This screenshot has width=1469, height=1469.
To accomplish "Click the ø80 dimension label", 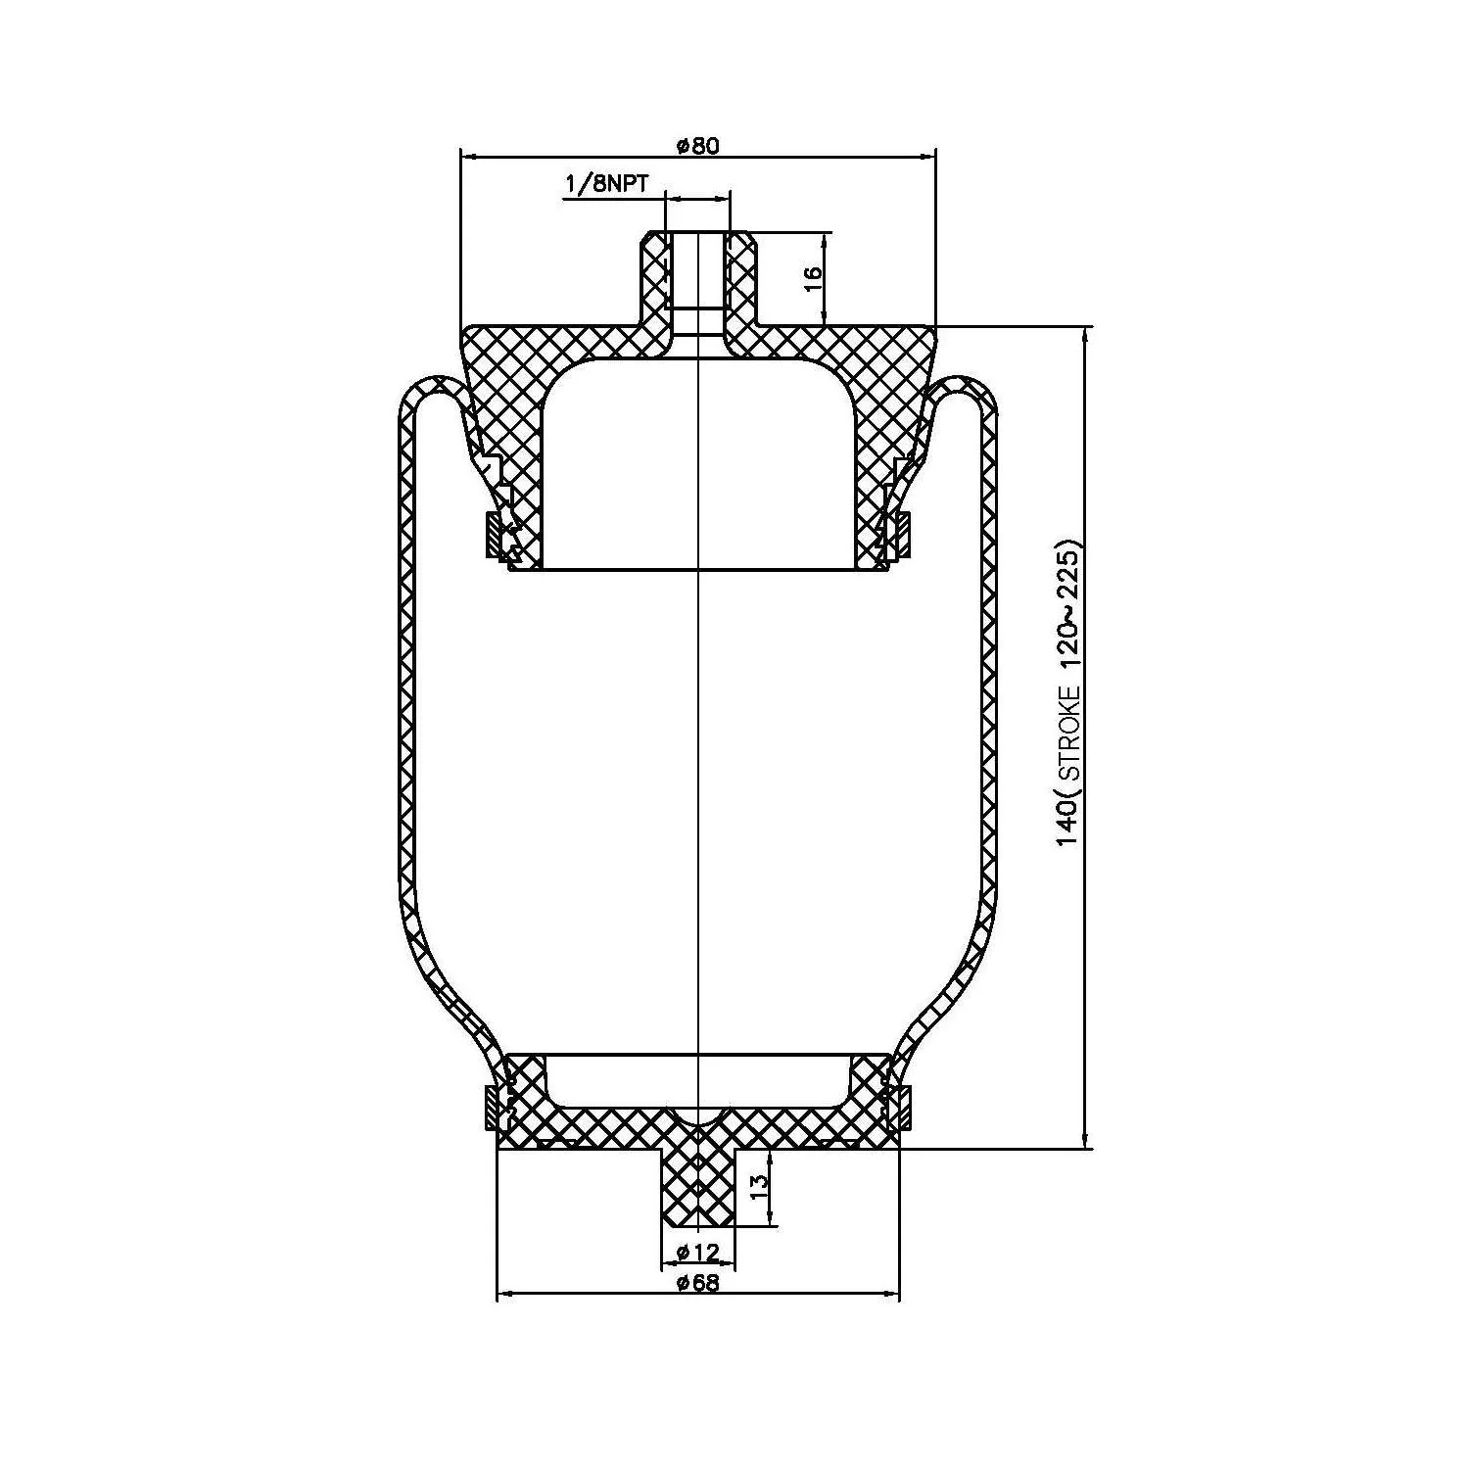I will tap(697, 146).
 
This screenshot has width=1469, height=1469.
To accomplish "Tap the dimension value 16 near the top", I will tap(813, 279).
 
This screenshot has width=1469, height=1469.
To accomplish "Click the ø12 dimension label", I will tap(698, 1252).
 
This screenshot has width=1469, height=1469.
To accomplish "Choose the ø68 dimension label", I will tap(698, 1284).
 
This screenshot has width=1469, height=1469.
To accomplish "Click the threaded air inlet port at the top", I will tap(697, 279).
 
